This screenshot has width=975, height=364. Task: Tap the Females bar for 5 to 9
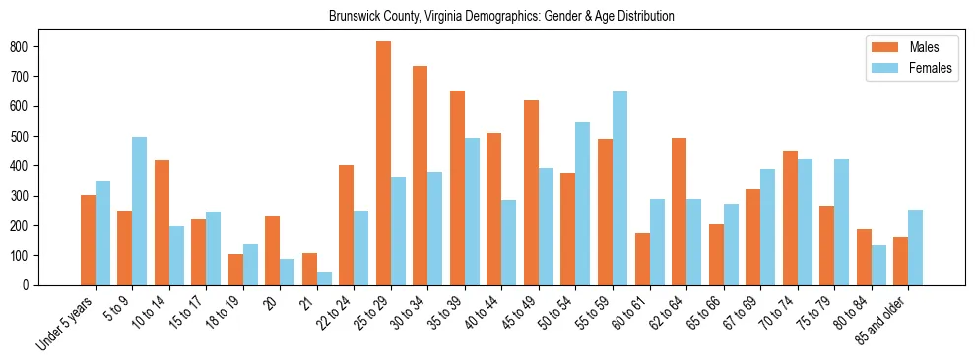tap(140, 211)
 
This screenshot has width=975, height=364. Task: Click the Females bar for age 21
tap(324, 278)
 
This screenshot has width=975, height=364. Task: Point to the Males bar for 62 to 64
tap(679, 212)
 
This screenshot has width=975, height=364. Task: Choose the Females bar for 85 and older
tap(915, 247)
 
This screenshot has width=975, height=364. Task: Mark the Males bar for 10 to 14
tap(162, 222)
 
